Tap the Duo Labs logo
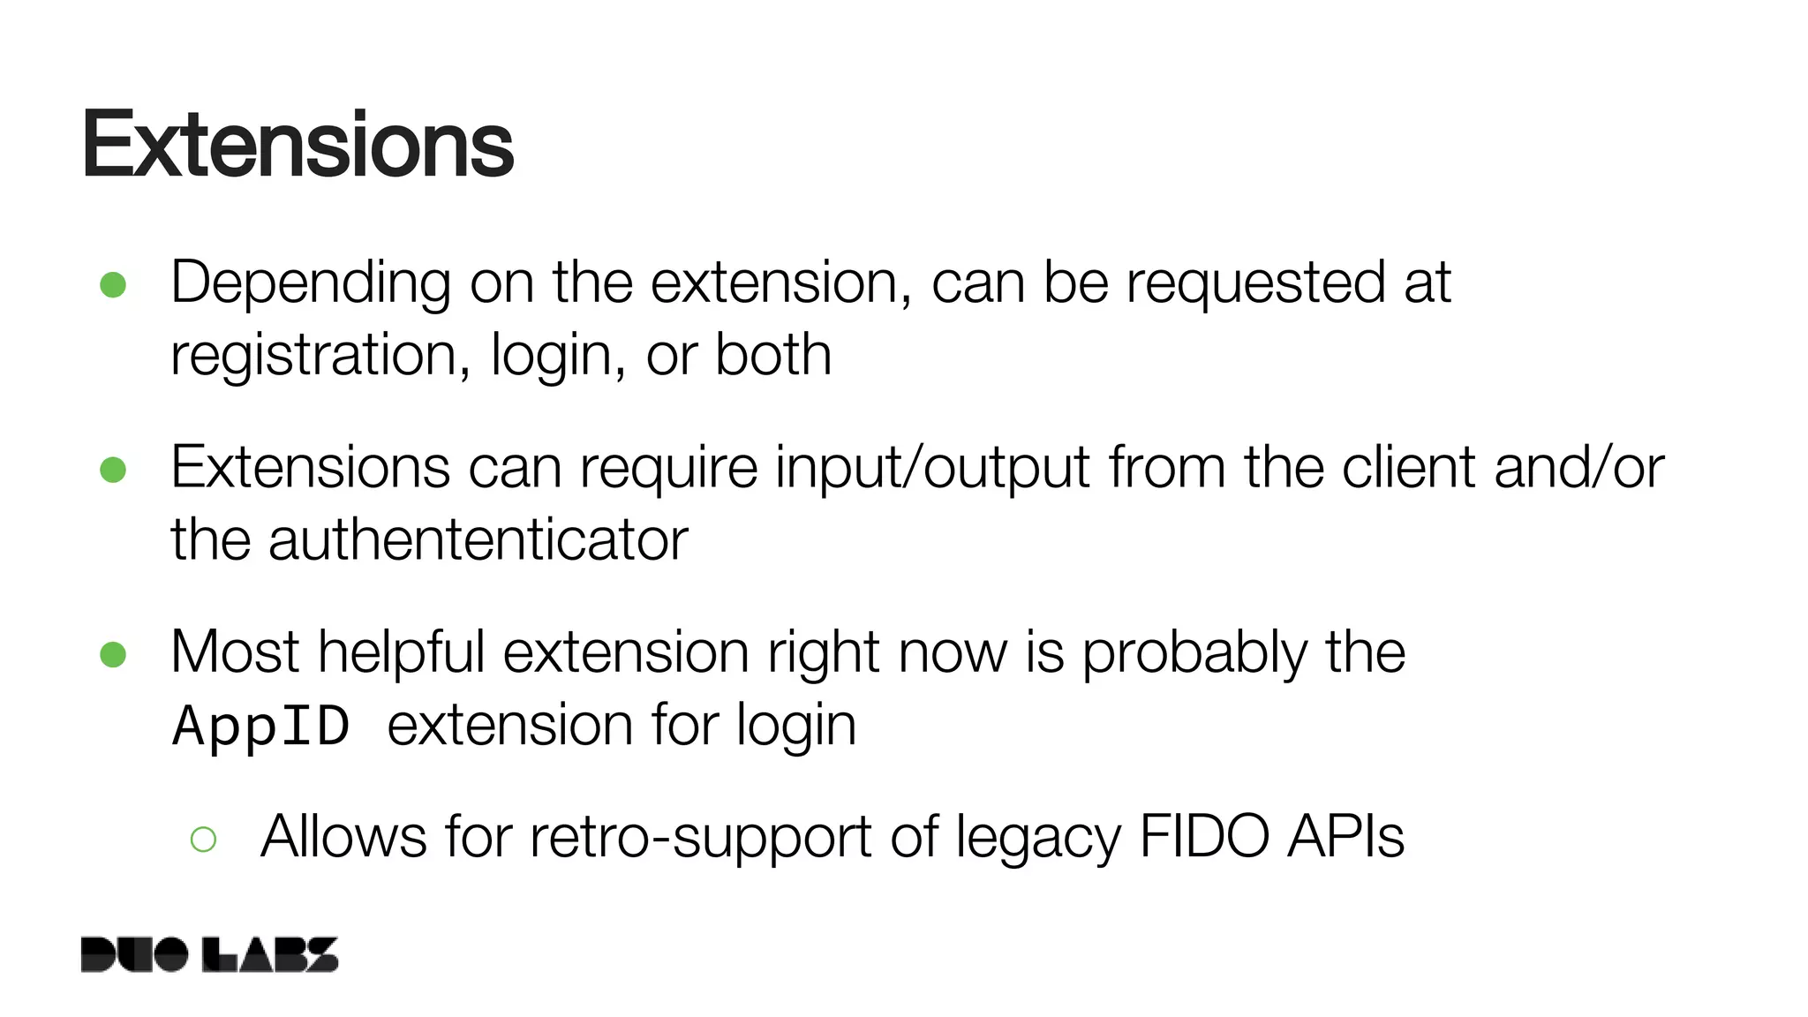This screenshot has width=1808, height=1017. pos(209,954)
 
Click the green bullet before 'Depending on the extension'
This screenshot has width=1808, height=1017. pos(113,284)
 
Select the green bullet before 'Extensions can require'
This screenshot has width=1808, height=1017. pos(113,469)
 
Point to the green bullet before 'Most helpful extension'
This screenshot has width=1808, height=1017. pos(113,654)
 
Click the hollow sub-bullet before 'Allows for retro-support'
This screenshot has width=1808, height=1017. pos(203,839)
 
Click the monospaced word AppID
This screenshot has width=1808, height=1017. pos(261,727)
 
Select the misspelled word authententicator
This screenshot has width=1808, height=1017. pos(478,539)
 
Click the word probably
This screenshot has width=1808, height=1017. pos(1194,654)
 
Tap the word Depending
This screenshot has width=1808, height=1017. pos(311,284)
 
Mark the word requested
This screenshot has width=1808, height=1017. pos(1255,284)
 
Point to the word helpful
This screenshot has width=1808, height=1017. pos(402,652)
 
